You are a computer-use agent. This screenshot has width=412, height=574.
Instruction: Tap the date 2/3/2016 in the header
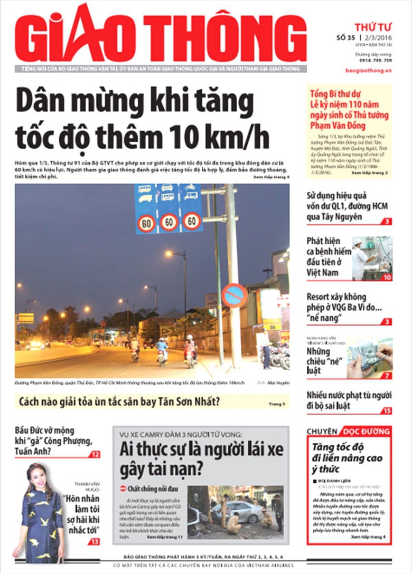[x=379, y=37]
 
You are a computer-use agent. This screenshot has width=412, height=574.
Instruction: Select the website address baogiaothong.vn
[x=373, y=70]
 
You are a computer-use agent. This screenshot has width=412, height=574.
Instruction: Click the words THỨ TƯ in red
[x=373, y=26]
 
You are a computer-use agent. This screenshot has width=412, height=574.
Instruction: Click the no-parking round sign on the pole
[x=234, y=295]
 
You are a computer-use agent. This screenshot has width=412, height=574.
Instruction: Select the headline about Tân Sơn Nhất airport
[x=119, y=402]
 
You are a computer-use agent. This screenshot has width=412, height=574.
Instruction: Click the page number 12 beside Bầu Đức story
[x=95, y=454]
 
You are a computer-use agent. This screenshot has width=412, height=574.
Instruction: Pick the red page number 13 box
[x=94, y=541]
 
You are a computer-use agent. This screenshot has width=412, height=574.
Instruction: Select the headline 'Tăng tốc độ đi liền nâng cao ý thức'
[x=347, y=458]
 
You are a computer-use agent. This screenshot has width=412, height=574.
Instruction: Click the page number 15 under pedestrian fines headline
[x=387, y=410]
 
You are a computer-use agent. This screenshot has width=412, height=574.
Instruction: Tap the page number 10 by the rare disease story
[x=387, y=277]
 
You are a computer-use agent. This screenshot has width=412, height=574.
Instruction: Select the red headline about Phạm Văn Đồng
[x=349, y=110]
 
